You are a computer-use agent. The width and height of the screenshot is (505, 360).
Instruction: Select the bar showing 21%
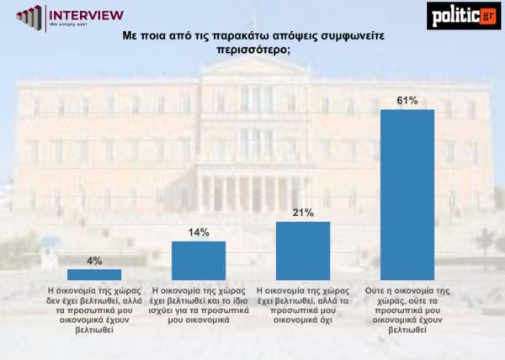coord(303,250)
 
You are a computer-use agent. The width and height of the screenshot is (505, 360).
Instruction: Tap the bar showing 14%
coord(199,260)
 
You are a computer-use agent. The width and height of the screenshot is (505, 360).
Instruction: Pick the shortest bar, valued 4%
coord(94,274)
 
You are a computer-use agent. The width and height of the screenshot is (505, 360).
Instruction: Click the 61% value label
coord(407,101)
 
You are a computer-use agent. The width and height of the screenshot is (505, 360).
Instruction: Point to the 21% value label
coord(303,213)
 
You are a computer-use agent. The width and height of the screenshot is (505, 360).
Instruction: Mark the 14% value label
coord(199,232)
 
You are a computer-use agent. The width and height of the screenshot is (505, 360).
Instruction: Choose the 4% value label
coord(94,260)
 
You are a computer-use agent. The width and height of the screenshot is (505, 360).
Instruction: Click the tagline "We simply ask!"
coord(72,25)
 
